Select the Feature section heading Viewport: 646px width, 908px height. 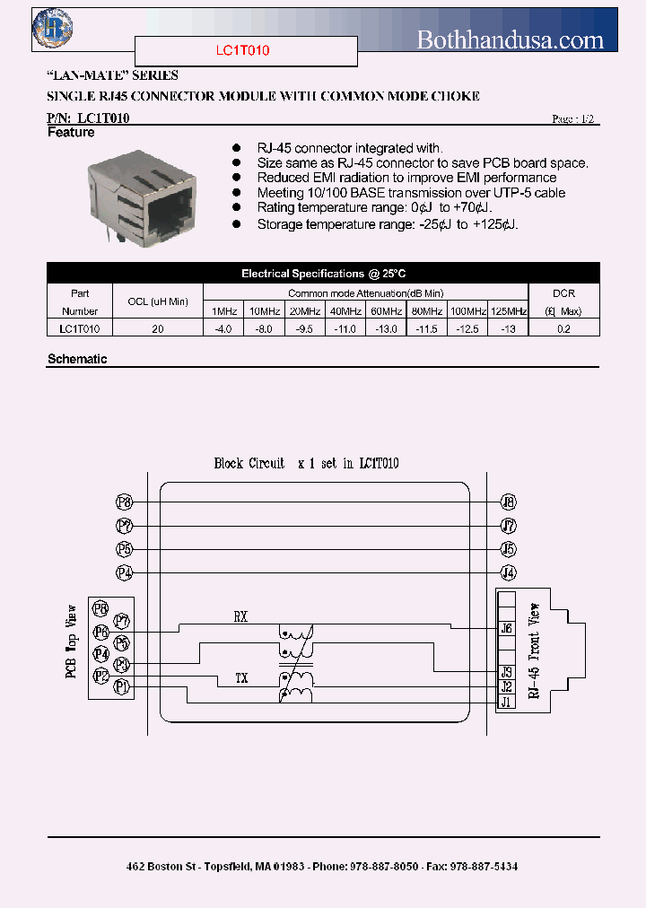71,133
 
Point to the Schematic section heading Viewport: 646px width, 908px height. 77,359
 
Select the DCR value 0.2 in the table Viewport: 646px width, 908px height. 563,329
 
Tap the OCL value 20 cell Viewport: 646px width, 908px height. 158,329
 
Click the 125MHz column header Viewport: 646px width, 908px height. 510,311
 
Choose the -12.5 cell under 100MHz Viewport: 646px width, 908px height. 467,329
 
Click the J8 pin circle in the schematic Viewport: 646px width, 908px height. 509,502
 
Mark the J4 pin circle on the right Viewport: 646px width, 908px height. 509,572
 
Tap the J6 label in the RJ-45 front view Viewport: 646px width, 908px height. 507,629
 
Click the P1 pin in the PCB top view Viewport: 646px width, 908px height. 124,687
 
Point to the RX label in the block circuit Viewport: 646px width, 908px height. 240,617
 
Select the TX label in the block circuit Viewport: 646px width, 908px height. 240,677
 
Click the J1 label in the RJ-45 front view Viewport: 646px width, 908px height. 507,702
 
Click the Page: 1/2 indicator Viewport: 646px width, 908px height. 573,119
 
